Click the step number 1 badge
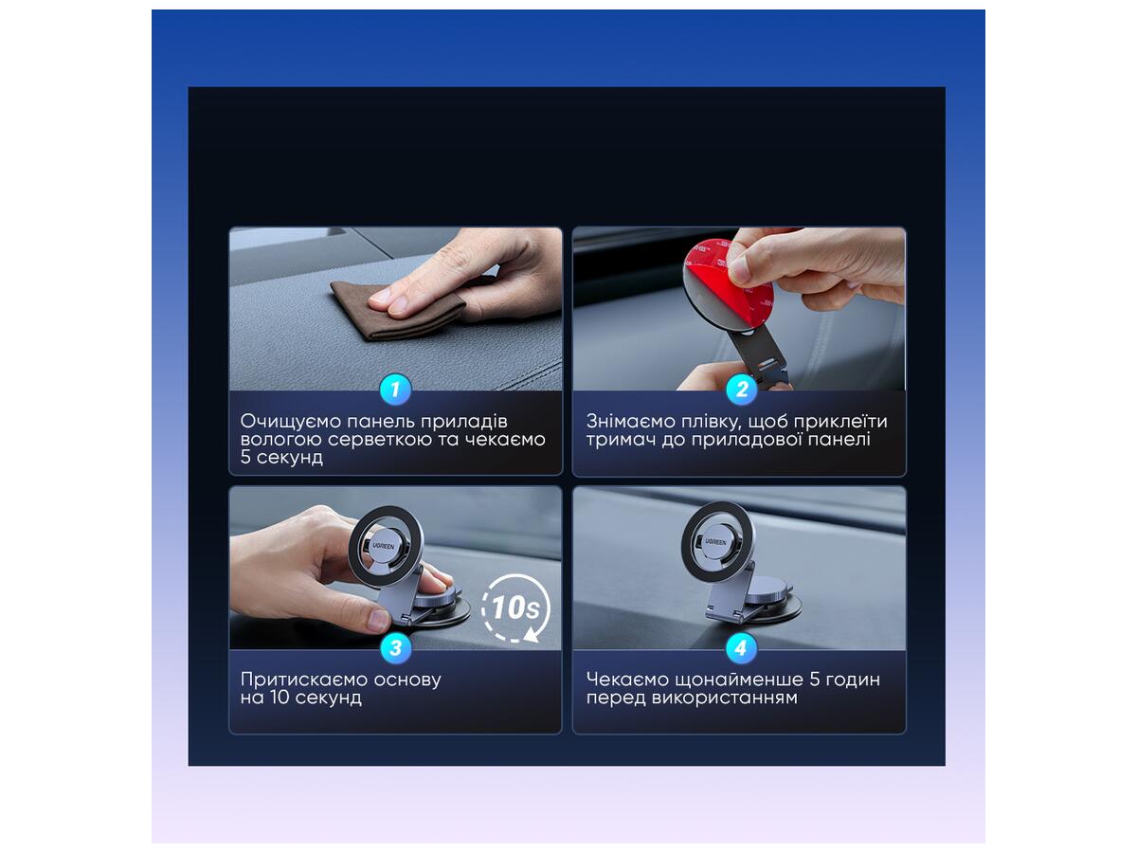click(395, 389)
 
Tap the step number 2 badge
click(741, 389)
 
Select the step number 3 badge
click(395, 647)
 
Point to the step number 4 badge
click(741, 647)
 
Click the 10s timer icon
click(515, 608)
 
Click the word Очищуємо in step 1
click(291, 422)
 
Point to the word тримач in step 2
click(620, 440)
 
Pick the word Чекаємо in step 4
click(628, 680)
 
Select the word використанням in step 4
click(724, 698)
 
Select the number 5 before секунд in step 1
click(245, 458)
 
